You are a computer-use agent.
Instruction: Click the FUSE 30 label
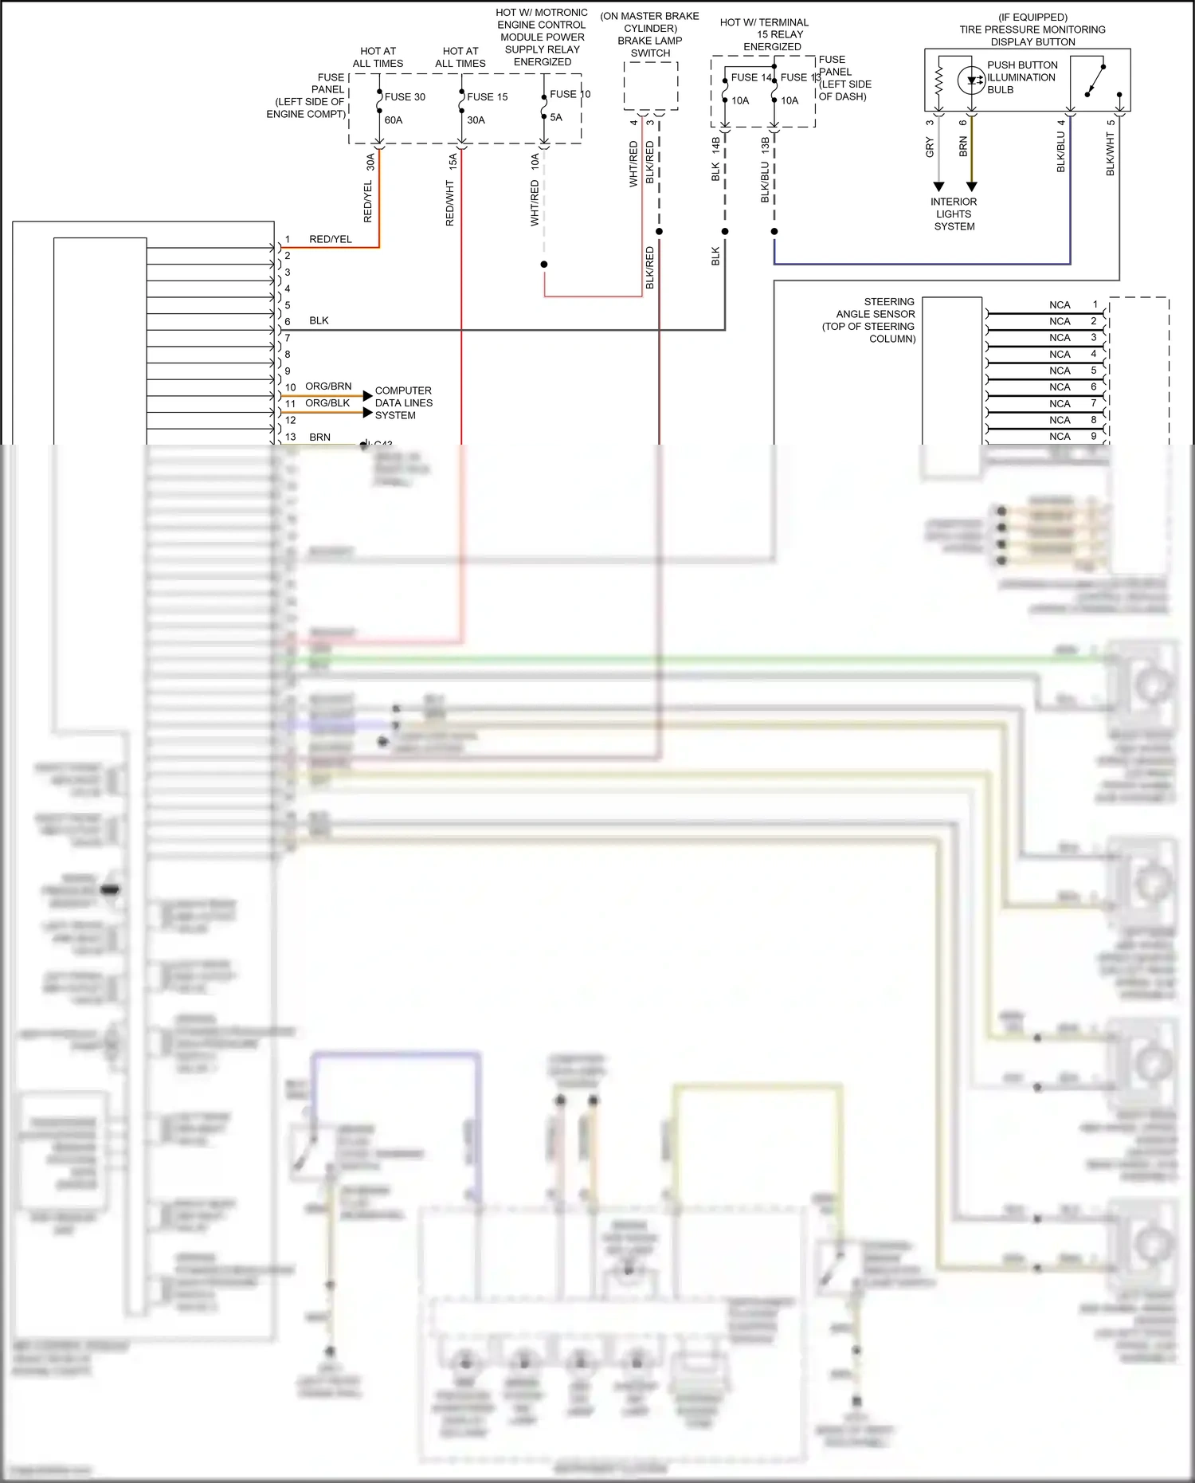click(x=405, y=96)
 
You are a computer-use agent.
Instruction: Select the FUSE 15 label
click(x=487, y=96)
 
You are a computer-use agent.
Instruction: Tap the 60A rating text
click(x=394, y=120)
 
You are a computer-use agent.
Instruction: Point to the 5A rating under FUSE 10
click(x=556, y=117)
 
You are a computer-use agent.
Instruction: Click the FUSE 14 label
click(x=751, y=77)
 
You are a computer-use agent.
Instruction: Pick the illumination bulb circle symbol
click(x=971, y=80)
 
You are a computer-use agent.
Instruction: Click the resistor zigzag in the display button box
click(x=938, y=80)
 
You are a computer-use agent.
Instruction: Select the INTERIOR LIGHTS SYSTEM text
click(x=954, y=214)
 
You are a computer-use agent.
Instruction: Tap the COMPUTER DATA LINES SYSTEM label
click(x=404, y=402)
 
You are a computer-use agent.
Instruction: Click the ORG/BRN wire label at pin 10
click(x=328, y=386)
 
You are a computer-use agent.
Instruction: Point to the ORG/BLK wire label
click(x=327, y=402)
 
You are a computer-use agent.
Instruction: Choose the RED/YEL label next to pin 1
click(x=331, y=239)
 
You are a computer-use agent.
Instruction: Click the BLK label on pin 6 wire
click(x=319, y=320)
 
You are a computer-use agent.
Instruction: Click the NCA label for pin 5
click(x=1060, y=371)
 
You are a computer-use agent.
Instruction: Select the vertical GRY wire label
click(x=930, y=147)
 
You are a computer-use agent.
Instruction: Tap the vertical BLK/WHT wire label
click(x=1111, y=154)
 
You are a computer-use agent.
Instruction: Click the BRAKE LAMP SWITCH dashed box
click(x=651, y=86)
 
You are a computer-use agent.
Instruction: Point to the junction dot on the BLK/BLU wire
click(x=774, y=231)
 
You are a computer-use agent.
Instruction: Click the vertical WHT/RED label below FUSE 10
click(x=535, y=203)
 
